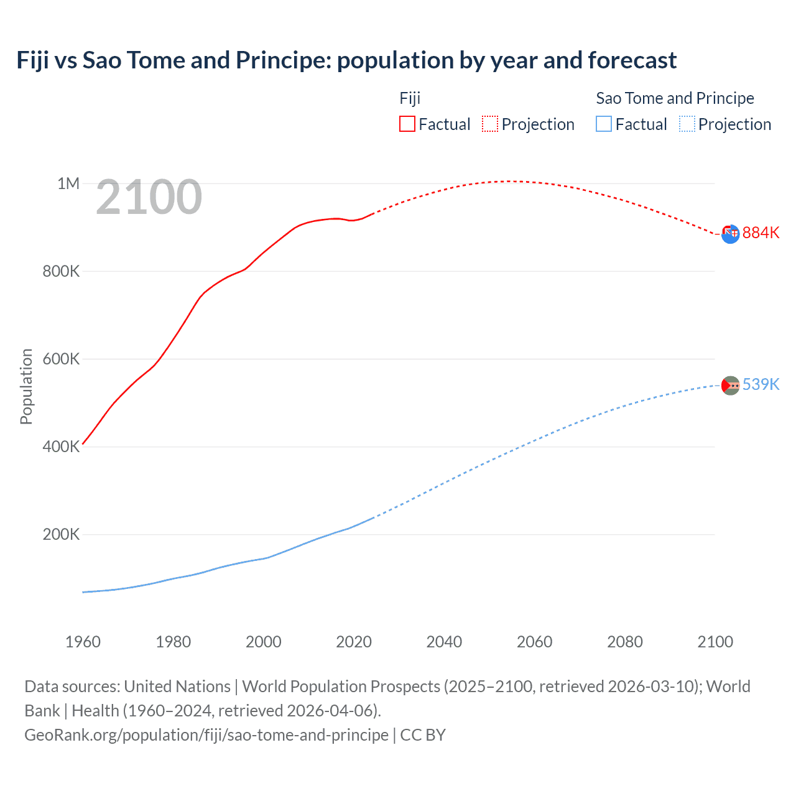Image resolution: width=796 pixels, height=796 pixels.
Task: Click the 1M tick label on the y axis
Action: click(68, 183)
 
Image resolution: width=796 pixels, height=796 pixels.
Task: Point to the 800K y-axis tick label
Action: click(61, 271)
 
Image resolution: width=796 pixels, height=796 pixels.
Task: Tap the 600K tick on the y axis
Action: click(61, 359)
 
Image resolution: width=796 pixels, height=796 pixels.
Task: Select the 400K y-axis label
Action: click(61, 447)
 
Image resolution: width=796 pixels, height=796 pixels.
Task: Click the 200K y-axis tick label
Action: click(61, 534)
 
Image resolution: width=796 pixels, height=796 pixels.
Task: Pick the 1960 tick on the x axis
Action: click(83, 642)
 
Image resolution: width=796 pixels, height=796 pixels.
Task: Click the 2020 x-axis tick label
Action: click(354, 642)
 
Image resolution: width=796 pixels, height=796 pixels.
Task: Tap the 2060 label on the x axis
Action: click(534, 642)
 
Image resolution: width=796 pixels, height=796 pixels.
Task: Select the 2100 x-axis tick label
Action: click(715, 642)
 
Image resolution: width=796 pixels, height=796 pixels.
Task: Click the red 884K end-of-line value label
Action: click(761, 233)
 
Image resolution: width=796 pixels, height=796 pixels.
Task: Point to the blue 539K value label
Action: click(761, 384)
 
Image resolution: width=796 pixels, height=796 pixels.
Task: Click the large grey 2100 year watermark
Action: click(149, 197)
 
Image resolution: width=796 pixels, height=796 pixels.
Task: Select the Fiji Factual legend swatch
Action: click(407, 124)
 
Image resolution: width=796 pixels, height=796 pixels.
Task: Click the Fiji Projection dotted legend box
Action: click(490, 124)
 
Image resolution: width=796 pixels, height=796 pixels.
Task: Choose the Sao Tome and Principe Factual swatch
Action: click(604, 124)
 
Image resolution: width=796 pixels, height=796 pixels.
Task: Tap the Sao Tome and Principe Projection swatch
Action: click(687, 124)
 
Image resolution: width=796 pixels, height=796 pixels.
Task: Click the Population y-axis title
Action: click(26, 386)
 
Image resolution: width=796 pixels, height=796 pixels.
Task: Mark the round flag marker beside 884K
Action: click(730, 234)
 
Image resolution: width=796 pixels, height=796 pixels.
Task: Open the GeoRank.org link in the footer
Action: click(206, 734)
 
